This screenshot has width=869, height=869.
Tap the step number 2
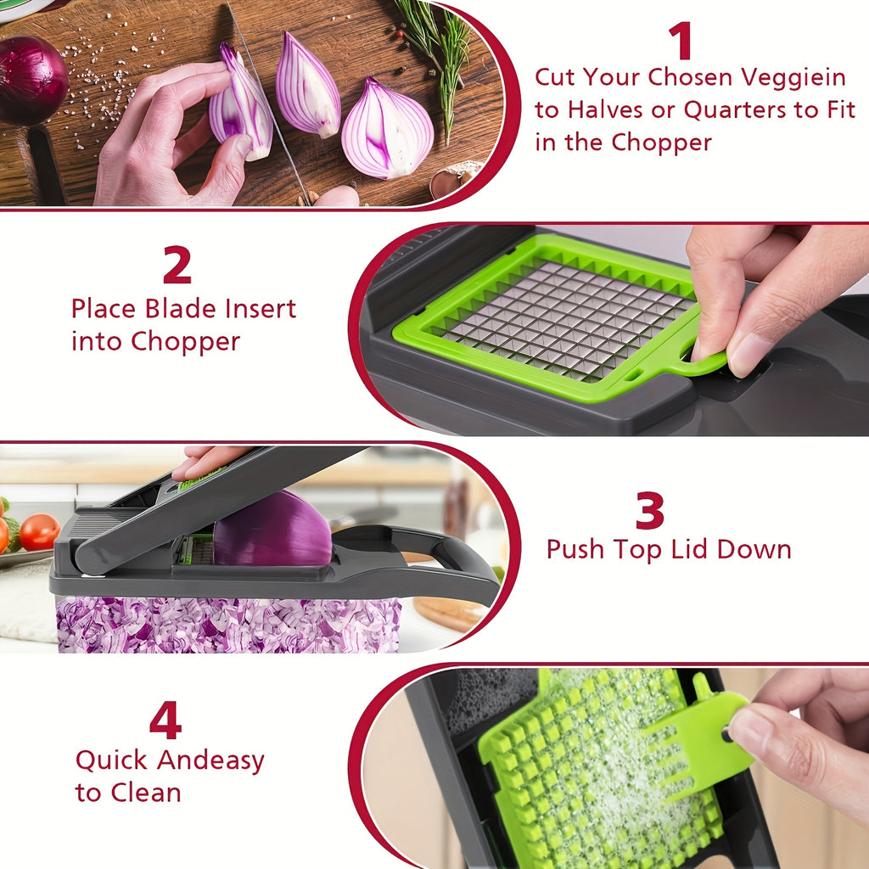tap(177, 266)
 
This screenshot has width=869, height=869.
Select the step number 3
tap(650, 512)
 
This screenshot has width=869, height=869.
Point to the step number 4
tap(165, 721)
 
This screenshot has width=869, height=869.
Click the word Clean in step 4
tap(143, 793)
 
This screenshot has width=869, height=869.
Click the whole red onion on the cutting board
tap(31, 79)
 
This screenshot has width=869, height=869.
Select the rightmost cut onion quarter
tap(387, 129)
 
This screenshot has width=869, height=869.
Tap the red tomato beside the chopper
tap(39, 532)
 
